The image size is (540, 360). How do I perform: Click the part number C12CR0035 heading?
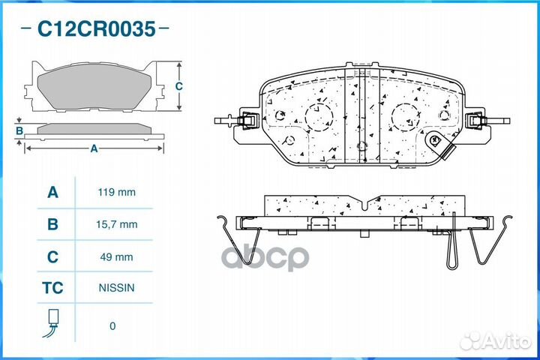[97, 28]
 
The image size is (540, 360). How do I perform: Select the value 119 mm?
[117, 192]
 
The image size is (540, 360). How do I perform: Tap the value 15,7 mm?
[117, 224]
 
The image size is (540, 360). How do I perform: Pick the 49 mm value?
[116, 256]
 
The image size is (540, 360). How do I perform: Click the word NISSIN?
[116, 288]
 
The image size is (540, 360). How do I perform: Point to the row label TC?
[52, 288]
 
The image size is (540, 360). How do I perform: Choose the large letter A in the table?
[52, 192]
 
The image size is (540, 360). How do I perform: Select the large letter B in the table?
[52, 224]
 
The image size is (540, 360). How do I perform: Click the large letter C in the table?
[52, 256]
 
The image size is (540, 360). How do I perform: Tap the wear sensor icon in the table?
[52, 323]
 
